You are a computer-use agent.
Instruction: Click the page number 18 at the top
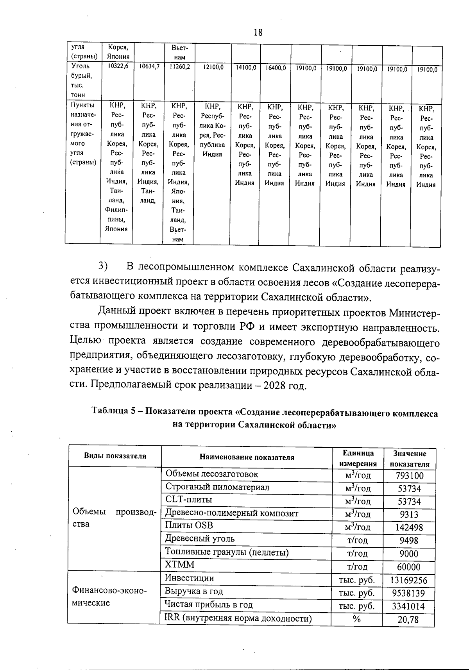(x=258, y=32)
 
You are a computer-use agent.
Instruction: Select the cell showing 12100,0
(x=213, y=68)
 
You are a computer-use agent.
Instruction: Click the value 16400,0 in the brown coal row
(x=276, y=68)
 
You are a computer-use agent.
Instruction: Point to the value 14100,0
(x=246, y=68)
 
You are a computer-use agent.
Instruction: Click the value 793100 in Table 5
(x=409, y=476)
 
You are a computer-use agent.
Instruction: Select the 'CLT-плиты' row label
(x=189, y=500)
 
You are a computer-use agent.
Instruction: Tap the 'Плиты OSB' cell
(x=189, y=526)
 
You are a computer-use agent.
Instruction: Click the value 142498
(x=409, y=528)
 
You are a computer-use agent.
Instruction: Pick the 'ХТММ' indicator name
(x=179, y=565)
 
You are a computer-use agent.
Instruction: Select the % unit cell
(x=356, y=619)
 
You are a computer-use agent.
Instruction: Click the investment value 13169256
(x=409, y=580)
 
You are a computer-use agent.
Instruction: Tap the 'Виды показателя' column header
(x=115, y=456)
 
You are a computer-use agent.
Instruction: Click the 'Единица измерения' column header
(x=358, y=458)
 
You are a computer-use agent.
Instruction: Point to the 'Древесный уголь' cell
(x=200, y=539)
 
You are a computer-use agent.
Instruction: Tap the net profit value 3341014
(x=408, y=606)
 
